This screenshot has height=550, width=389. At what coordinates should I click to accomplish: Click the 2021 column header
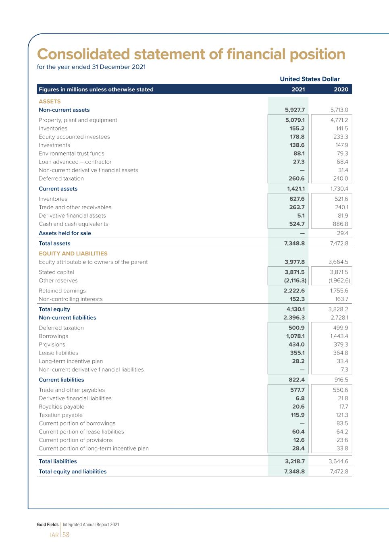point(298,89)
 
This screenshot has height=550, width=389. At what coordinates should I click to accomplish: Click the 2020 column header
point(341,89)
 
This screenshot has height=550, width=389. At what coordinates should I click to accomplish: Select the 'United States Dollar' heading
point(310,79)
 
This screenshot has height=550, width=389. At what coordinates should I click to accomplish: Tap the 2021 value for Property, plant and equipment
point(295,120)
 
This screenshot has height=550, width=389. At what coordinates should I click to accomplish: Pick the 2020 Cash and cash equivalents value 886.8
point(340,224)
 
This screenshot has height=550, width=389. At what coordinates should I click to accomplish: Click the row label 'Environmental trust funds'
point(71,154)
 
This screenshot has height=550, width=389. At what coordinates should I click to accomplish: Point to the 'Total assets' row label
point(54,243)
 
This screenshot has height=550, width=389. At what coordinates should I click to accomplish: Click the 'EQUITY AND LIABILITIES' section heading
point(73,253)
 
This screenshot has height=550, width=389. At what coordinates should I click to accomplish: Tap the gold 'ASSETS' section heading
point(50,102)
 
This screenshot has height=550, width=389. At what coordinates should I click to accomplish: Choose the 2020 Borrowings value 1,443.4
point(339,336)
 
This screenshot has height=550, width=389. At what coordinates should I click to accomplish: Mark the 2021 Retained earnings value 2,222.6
point(294,291)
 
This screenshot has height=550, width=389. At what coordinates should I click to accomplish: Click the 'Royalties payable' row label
point(61,407)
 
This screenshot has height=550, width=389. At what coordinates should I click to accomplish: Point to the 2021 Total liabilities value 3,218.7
point(295,461)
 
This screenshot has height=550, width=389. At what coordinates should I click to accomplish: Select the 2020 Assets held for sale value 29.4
point(342,233)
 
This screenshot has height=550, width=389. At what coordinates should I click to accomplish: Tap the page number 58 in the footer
point(66,535)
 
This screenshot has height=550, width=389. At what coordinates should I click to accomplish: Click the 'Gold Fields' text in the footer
point(48,525)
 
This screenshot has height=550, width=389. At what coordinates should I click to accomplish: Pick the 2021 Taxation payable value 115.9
point(297,415)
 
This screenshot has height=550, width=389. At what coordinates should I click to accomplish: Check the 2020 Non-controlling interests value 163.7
point(341,299)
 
